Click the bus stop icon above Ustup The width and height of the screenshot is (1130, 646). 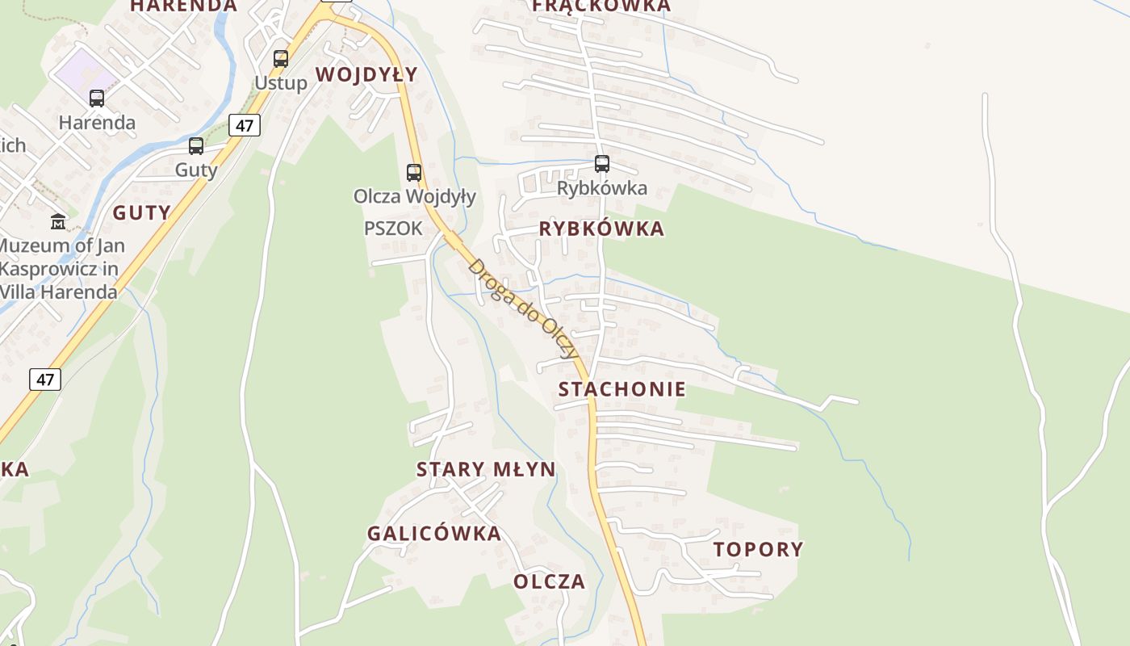(x=281, y=58)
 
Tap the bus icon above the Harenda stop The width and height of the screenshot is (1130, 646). (x=97, y=99)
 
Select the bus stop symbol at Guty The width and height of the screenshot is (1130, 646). (x=196, y=146)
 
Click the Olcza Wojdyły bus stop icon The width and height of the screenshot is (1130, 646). (x=414, y=172)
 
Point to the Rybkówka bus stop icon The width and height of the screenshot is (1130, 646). (x=602, y=164)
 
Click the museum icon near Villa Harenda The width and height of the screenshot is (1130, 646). (x=58, y=221)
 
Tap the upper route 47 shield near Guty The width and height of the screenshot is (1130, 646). (x=245, y=125)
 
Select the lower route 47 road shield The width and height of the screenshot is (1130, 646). (x=45, y=379)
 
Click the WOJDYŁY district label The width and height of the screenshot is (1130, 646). (x=366, y=75)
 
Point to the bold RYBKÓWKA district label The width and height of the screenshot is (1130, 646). (x=601, y=229)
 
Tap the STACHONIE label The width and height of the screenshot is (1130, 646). (x=622, y=389)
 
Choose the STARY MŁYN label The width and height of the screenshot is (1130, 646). (x=486, y=470)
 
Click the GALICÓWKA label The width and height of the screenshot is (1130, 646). (x=434, y=534)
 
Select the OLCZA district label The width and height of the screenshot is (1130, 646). (x=549, y=582)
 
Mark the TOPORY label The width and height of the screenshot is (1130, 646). (x=758, y=550)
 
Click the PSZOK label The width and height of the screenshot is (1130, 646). (x=393, y=229)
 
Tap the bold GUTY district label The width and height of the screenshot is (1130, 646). (x=141, y=213)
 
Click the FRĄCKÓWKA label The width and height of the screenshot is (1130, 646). (x=601, y=6)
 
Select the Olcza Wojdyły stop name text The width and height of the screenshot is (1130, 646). (x=415, y=196)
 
